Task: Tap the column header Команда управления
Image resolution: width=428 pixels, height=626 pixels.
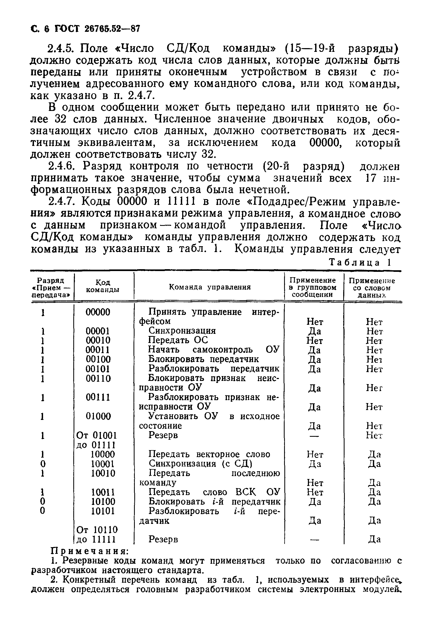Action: [x=210, y=287]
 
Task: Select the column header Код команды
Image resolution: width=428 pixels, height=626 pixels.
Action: [x=103, y=286]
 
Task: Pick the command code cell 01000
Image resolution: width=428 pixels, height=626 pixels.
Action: [x=98, y=416]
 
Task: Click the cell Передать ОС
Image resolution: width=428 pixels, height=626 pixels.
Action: [x=178, y=340]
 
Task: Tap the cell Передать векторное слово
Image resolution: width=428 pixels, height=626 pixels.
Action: [x=209, y=454]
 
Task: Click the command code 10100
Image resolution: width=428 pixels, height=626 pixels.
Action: [x=103, y=501]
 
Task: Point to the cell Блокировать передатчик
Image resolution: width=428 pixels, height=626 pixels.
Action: [x=204, y=359]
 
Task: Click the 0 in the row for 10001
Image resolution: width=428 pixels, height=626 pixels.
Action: [x=43, y=464]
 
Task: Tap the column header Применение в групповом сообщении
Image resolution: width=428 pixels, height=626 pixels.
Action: [x=314, y=287]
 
